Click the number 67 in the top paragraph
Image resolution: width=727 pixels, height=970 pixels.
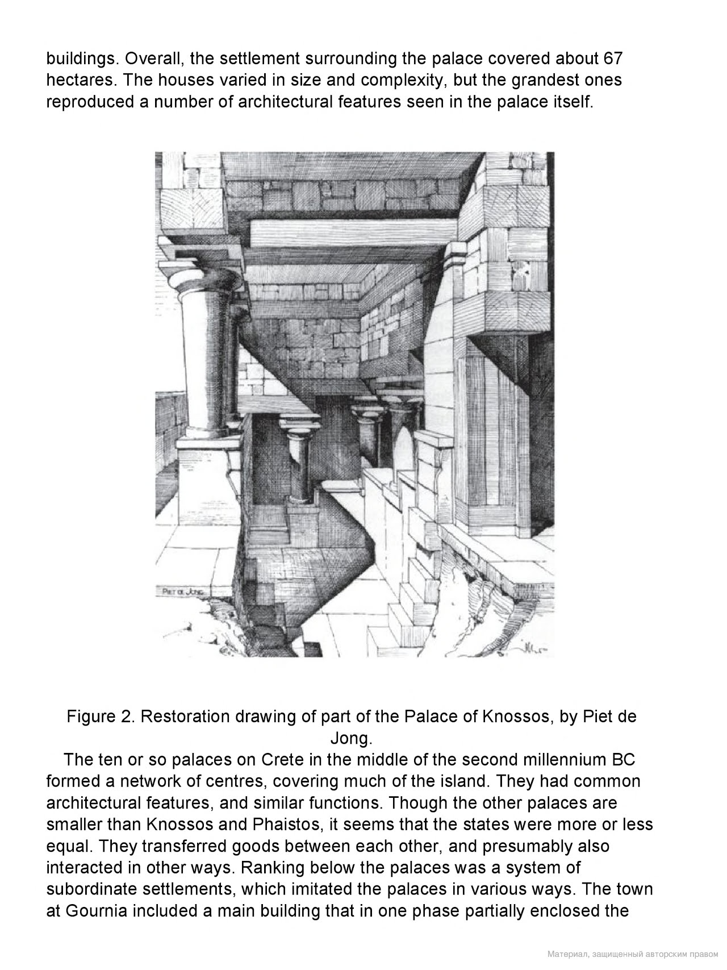point(612,59)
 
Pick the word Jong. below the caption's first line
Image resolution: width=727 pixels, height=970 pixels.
point(351,738)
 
